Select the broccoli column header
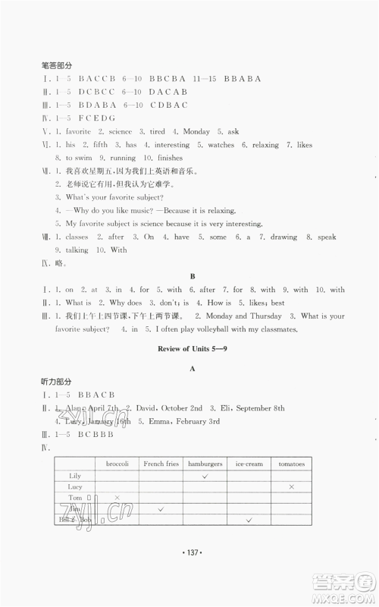[x=117, y=463]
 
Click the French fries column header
[x=161, y=463]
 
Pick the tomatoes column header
[x=291, y=463]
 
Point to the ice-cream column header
[x=249, y=463]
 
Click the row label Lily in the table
[x=75, y=475]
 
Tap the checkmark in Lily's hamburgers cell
[x=205, y=475]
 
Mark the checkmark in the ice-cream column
[x=249, y=520]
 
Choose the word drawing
[x=285, y=237]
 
